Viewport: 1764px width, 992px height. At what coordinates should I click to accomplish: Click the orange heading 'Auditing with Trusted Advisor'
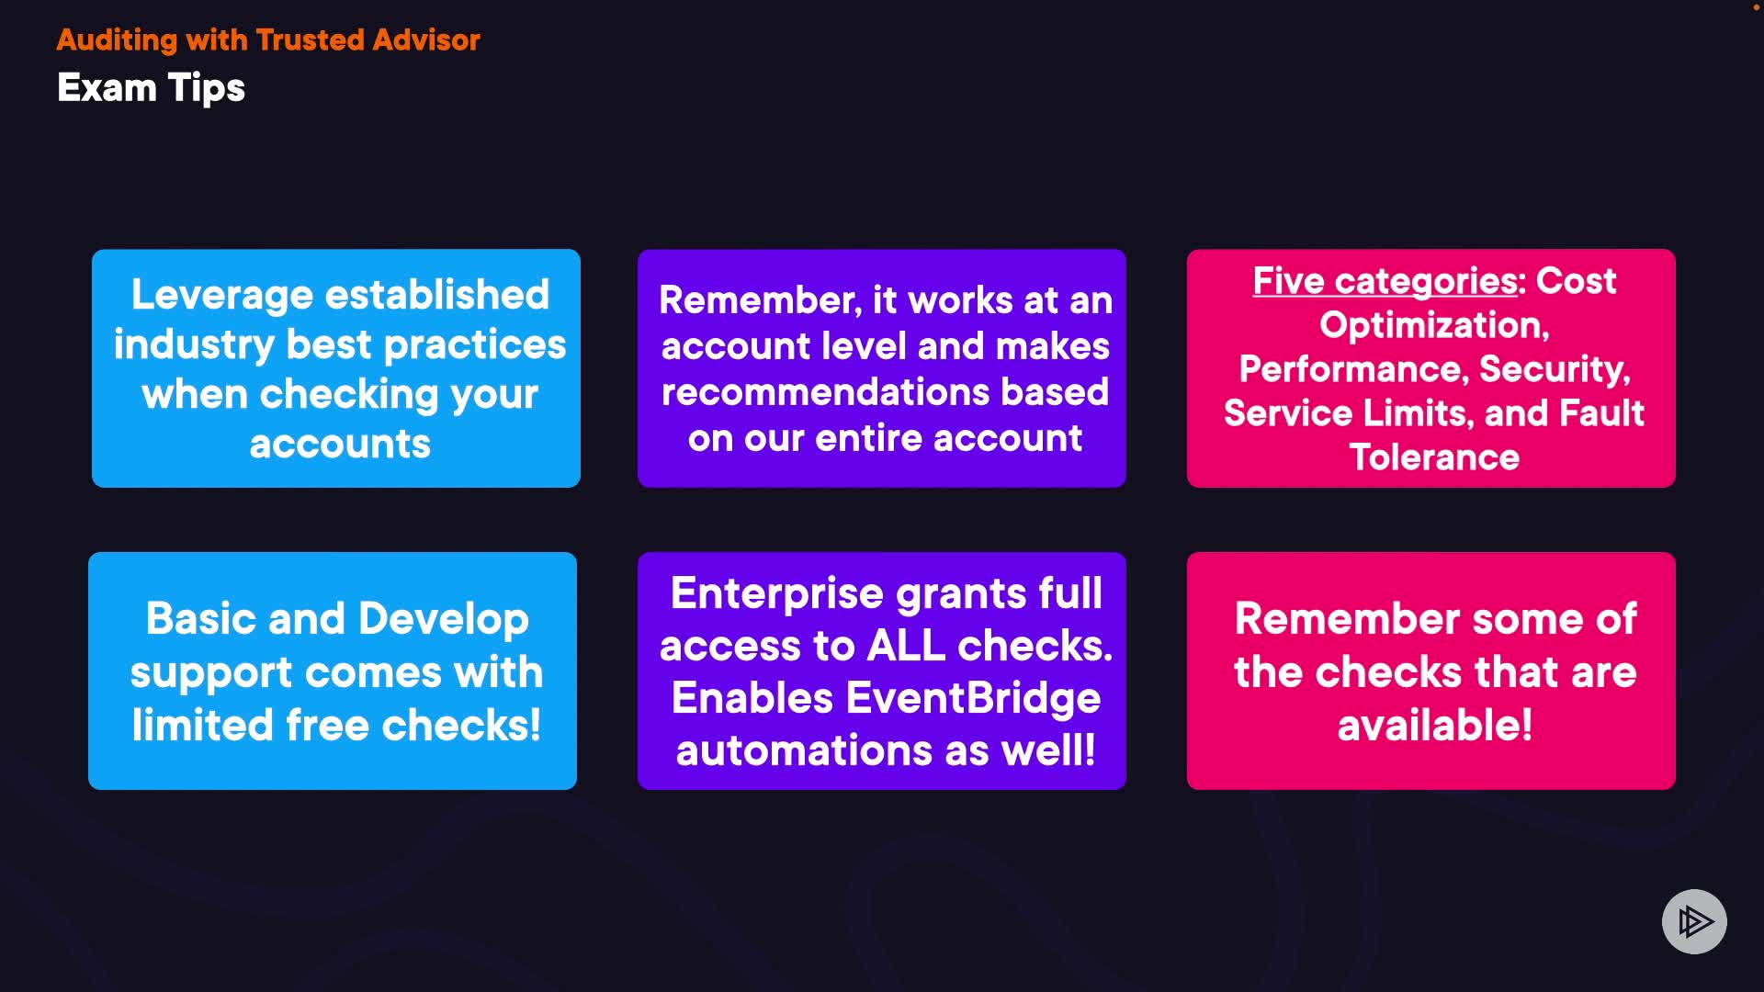[268, 40]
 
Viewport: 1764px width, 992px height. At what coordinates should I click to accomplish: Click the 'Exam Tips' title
[151, 88]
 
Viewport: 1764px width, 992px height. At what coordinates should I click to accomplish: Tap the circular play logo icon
[1694, 921]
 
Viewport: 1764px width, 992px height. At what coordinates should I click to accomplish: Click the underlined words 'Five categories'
[1385, 281]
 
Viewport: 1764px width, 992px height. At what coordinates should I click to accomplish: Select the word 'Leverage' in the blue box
[222, 296]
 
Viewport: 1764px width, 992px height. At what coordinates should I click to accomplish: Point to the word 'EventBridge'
[972, 699]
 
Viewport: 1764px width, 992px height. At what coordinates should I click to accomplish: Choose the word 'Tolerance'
[1434, 457]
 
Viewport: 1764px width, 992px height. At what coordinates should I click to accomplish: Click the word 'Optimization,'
[1434, 325]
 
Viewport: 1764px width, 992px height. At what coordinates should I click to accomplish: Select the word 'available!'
[1435, 726]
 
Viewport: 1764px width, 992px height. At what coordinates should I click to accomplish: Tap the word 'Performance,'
[1354, 369]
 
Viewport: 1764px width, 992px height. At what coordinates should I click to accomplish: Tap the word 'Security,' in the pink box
[1555, 369]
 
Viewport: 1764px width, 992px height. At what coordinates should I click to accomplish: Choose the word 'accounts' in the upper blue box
[340, 445]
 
